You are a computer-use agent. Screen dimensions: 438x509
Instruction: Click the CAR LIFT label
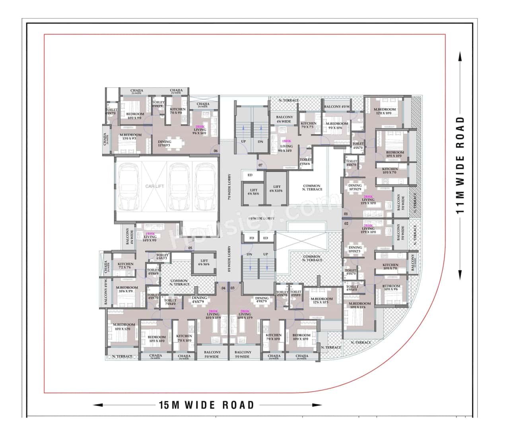tap(155, 186)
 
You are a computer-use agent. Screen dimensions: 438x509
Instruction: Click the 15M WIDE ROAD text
tap(206, 405)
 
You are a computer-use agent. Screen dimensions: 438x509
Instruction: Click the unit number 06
tap(216, 151)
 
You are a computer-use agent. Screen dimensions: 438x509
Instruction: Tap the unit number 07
tap(260, 165)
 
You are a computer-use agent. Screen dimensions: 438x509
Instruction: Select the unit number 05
tap(190, 248)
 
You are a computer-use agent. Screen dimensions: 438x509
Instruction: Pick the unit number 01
tap(346, 214)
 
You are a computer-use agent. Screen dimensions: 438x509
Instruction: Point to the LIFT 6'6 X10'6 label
tap(277, 189)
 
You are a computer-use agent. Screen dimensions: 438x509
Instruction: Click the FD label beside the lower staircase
tap(251, 238)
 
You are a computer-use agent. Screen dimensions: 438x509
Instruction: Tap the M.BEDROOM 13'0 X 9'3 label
tap(130, 137)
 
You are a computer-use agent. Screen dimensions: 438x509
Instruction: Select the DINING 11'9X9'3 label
tap(164, 143)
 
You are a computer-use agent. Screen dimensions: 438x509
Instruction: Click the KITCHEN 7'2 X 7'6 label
tap(125, 266)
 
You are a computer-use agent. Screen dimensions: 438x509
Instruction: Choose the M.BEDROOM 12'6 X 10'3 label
tap(321, 301)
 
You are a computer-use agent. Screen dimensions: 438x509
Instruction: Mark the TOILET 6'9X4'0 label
tap(352, 287)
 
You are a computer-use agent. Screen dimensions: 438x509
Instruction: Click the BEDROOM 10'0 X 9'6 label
tap(391, 287)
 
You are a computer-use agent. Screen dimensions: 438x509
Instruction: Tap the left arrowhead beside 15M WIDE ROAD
tap(96, 405)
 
